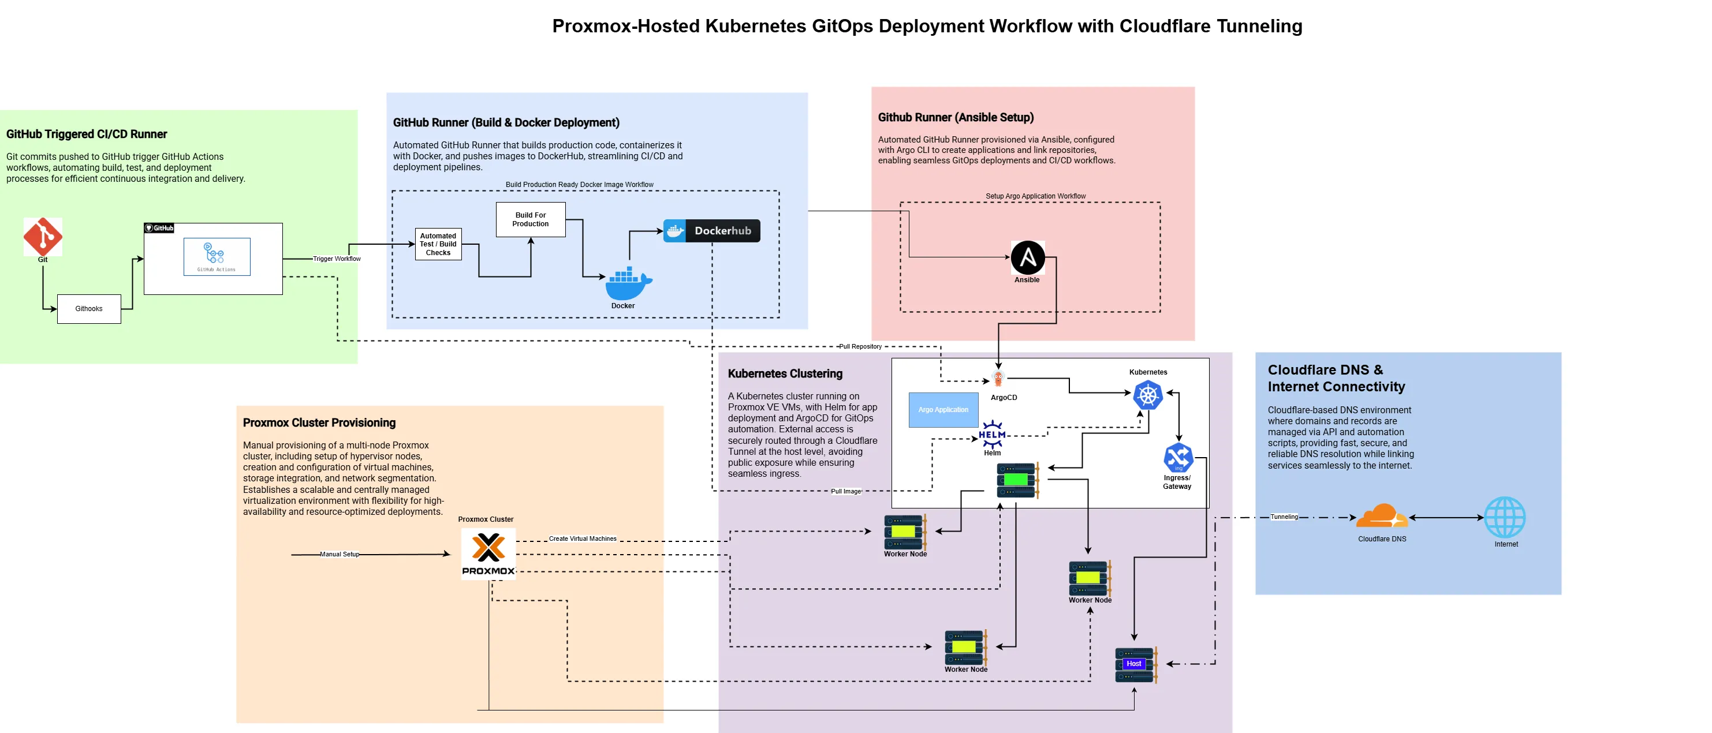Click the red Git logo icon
pos(43,236)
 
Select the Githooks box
pos(89,309)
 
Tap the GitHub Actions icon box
pos(217,256)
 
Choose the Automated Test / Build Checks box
pos(438,245)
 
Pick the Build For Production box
pos(531,219)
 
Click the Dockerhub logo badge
pos(711,231)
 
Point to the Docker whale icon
pos(628,284)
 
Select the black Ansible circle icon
pos(1027,258)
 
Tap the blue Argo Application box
pos(943,410)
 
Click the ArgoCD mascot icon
pos(998,379)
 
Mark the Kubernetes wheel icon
pos(1148,395)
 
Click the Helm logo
pos(992,434)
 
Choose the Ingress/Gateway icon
pos(1178,457)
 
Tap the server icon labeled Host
pos(1135,664)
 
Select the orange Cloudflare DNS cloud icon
pos(1382,517)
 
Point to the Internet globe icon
pos(1505,518)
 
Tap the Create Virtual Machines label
pos(582,539)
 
